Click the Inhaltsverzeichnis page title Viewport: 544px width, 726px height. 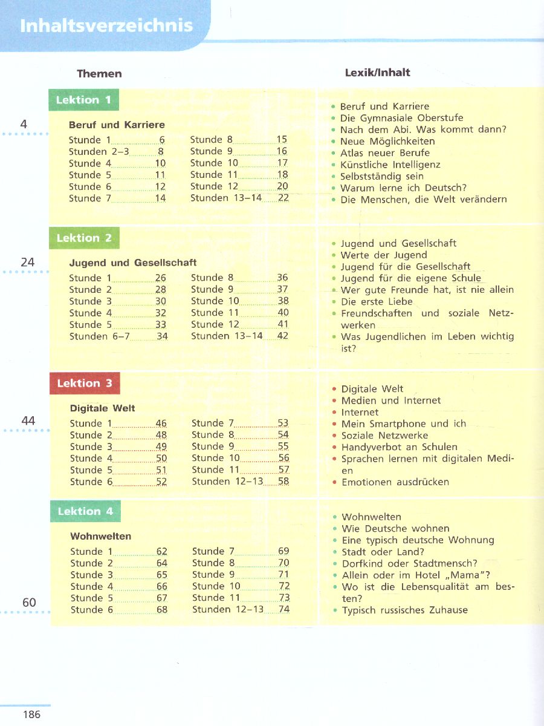106,26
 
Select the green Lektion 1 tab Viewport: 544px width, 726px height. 83,100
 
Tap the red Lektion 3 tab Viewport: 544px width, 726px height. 85,383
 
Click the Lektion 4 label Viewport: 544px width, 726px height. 85,511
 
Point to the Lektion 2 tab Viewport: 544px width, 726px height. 84,238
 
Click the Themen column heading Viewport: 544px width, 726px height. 99,74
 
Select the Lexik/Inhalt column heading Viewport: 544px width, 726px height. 377,73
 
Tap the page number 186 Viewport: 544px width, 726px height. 31,715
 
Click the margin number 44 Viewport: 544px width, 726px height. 28,420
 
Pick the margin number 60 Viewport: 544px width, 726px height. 29,603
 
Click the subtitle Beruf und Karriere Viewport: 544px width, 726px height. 117,125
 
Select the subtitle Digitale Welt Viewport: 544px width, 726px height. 103,408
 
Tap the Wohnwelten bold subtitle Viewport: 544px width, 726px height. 101,536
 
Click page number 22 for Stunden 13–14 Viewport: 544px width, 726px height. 283,198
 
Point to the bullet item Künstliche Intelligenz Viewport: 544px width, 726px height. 390,165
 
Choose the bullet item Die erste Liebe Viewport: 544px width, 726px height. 377,301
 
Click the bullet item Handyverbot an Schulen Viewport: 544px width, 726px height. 400,447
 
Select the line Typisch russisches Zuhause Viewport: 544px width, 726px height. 405,610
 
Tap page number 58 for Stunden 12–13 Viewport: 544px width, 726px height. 283,482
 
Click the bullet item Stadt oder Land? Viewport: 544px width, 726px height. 383,552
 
